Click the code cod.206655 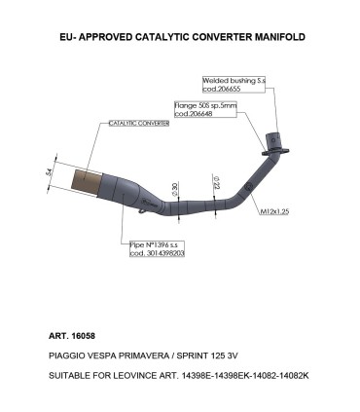[x=223, y=90]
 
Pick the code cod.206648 [x=194, y=113]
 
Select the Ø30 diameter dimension [x=174, y=188]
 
